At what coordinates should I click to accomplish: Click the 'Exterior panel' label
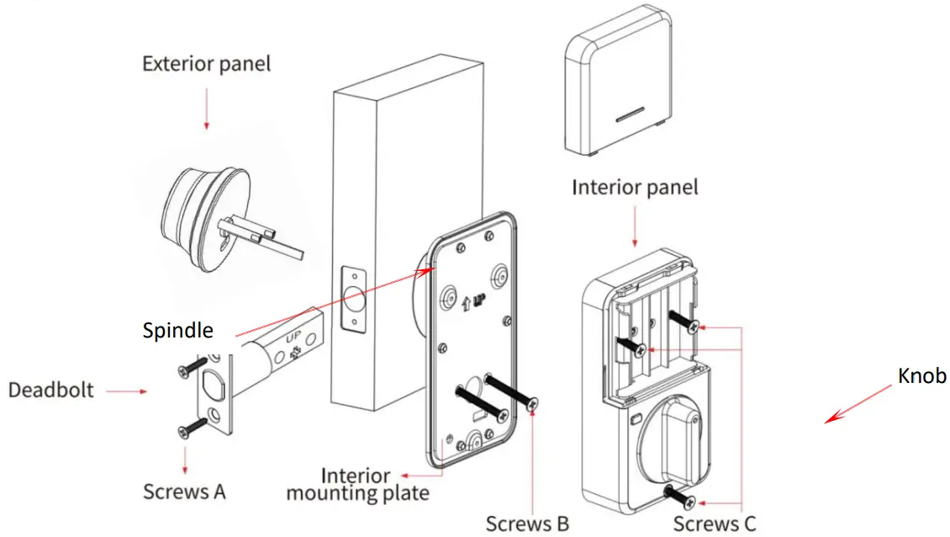click(x=206, y=64)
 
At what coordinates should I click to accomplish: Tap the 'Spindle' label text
click(x=177, y=329)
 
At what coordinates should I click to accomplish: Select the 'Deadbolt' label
click(x=51, y=391)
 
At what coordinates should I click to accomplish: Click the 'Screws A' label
click(x=184, y=491)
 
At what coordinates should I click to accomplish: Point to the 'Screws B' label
click(x=527, y=524)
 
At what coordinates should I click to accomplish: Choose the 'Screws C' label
click(x=714, y=524)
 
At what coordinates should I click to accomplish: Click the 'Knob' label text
click(x=922, y=375)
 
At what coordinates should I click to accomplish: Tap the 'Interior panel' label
click(x=635, y=186)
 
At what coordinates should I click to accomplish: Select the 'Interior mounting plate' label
click(x=357, y=485)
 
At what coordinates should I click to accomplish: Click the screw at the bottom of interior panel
click(x=679, y=496)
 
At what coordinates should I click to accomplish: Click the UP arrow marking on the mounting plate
click(x=470, y=300)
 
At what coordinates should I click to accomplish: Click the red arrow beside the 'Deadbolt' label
click(x=127, y=391)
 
